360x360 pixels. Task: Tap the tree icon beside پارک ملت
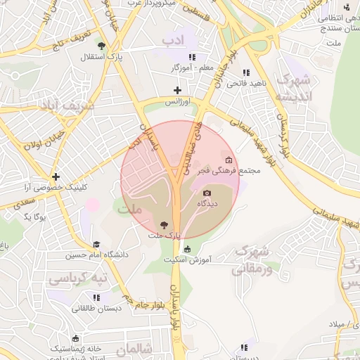click(x=164, y=225)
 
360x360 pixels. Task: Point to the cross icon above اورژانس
click(x=177, y=90)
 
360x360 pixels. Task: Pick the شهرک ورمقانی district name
click(x=250, y=259)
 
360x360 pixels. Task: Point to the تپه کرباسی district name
click(x=77, y=279)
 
